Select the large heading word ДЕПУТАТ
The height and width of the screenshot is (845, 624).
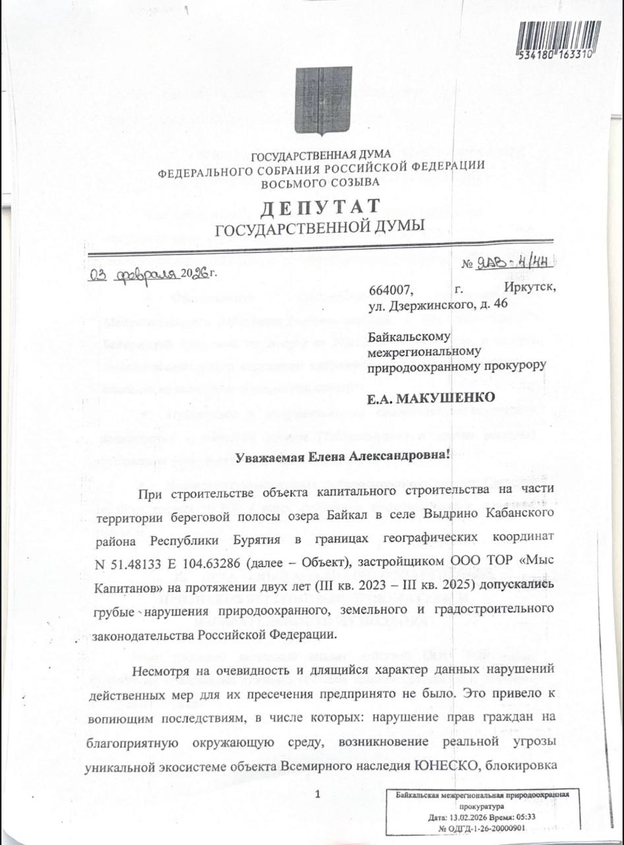click(x=320, y=207)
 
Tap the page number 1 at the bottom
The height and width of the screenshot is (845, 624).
click(x=318, y=794)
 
